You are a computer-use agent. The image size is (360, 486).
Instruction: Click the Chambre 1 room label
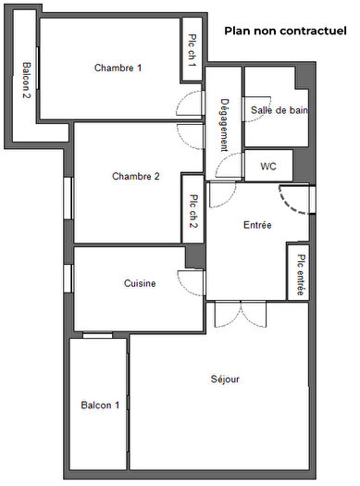click(x=118, y=67)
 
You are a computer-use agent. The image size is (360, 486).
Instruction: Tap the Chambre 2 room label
click(x=136, y=176)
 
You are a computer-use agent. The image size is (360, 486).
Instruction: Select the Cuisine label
click(x=140, y=283)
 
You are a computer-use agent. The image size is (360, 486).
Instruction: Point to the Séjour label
click(x=225, y=380)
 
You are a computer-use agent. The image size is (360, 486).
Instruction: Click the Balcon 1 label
click(x=99, y=405)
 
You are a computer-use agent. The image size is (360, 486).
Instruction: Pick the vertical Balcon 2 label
click(x=25, y=81)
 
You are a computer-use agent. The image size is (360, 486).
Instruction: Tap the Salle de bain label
click(x=279, y=110)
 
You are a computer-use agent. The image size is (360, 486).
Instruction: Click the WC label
click(x=268, y=167)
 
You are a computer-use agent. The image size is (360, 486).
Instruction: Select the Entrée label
click(x=257, y=225)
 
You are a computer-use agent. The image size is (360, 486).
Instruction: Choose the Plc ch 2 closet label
click(x=193, y=209)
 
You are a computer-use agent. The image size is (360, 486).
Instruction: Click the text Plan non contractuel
click(x=283, y=31)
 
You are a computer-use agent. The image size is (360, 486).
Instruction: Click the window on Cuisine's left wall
click(x=68, y=278)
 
